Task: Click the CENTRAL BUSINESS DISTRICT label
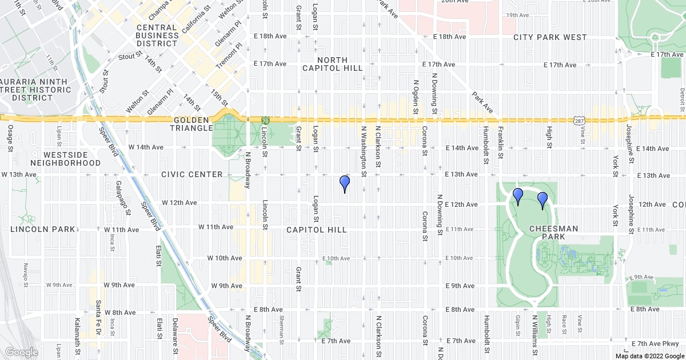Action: click(x=157, y=35)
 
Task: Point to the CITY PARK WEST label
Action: click(x=550, y=37)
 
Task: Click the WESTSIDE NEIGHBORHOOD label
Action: click(x=65, y=159)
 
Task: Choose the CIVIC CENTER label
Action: click(x=192, y=174)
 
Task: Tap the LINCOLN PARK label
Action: click(x=43, y=229)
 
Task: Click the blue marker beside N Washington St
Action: click(x=345, y=184)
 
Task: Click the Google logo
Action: click(x=21, y=352)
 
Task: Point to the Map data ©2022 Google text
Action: click(x=649, y=356)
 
